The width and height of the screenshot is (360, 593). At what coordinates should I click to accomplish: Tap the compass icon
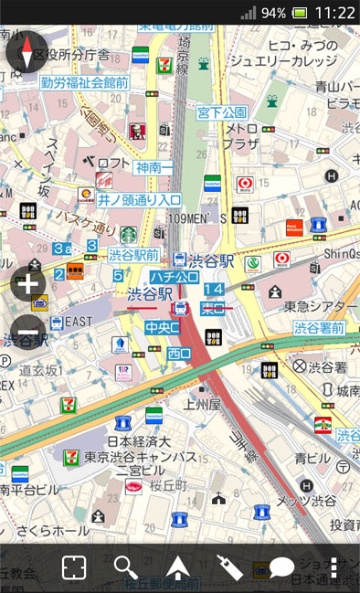point(26,51)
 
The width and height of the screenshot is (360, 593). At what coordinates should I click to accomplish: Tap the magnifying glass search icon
point(125,567)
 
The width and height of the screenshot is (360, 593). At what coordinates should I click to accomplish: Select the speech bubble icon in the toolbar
point(281,568)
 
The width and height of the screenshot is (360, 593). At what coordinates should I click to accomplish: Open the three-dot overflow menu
point(334,567)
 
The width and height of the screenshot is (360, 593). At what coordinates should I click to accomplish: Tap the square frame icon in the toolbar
point(73,567)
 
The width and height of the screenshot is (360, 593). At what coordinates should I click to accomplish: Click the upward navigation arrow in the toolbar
point(176,568)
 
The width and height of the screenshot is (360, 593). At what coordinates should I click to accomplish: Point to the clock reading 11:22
point(334,12)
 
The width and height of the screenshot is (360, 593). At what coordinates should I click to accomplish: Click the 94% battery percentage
point(273,13)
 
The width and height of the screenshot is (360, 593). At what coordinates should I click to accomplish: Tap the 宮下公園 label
point(222,112)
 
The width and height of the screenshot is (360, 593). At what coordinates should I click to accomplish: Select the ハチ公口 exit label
point(175,277)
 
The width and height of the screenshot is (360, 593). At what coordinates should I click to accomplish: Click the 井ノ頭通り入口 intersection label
point(140,199)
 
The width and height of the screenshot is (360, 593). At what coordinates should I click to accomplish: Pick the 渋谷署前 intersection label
point(319,327)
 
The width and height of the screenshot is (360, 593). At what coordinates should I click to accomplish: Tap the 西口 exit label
point(179,353)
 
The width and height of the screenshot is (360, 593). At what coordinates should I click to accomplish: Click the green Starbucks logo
point(128,236)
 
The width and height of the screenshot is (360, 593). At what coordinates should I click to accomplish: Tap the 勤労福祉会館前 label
point(85,82)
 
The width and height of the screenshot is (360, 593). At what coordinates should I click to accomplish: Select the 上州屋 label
point(201,404)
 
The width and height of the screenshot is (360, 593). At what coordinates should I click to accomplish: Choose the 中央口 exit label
point(162,326)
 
